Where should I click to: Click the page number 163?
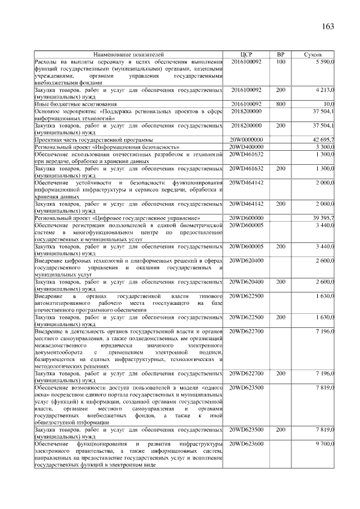(328, 27)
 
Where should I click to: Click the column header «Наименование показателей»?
(128, 54)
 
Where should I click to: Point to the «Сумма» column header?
(313, 54)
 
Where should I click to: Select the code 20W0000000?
(246, 139)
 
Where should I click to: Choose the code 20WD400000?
(246, 146)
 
